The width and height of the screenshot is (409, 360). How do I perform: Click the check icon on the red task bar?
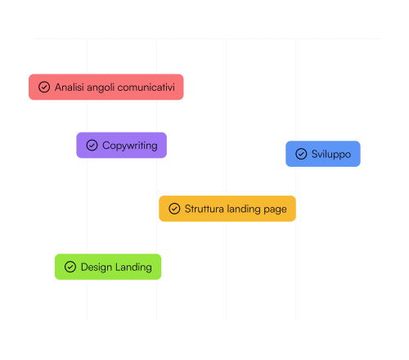[x=44, y=87]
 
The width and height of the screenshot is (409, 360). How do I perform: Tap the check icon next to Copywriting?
[x=92, y=145]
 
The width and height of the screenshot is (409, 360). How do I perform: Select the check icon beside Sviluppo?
[x=301, y=154]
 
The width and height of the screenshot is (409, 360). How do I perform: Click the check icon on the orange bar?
[x=174, y=209]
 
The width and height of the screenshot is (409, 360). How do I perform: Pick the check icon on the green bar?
[x=70, y=267]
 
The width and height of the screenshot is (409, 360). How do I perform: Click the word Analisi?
[x=70, y=88]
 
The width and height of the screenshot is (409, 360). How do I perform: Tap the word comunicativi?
[x=146, y=88]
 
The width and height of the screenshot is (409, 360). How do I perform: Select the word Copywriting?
[x=130, y=146]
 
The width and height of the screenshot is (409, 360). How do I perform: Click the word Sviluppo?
[x=331, y=155]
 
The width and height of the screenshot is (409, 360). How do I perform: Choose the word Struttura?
[x=204, y=209]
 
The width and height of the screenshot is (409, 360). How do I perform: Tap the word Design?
[x=97, y=268]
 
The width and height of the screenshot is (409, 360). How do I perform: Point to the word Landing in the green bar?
[x=133, y=268]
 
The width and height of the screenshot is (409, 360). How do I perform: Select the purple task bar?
[x=122, y=145]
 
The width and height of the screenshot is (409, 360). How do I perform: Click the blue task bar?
[x=323, y=154]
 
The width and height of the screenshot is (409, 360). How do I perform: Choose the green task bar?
[x=108, y=267]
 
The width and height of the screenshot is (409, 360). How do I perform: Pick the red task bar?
[x=106, y=87]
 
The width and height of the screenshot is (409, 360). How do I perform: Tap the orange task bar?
[x=227, y=209]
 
